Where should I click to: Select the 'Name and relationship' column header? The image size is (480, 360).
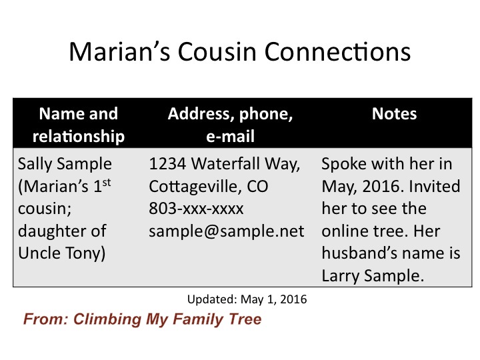79,125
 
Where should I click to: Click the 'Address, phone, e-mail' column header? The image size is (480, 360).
230,125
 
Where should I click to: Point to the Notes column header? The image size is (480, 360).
394,114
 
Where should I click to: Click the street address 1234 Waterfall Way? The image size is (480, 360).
226,164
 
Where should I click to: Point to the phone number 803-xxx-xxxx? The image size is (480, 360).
196,209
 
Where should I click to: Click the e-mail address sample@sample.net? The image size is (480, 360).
226,231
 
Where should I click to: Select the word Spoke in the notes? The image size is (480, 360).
342,164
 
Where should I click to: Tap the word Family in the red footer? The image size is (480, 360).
198,319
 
